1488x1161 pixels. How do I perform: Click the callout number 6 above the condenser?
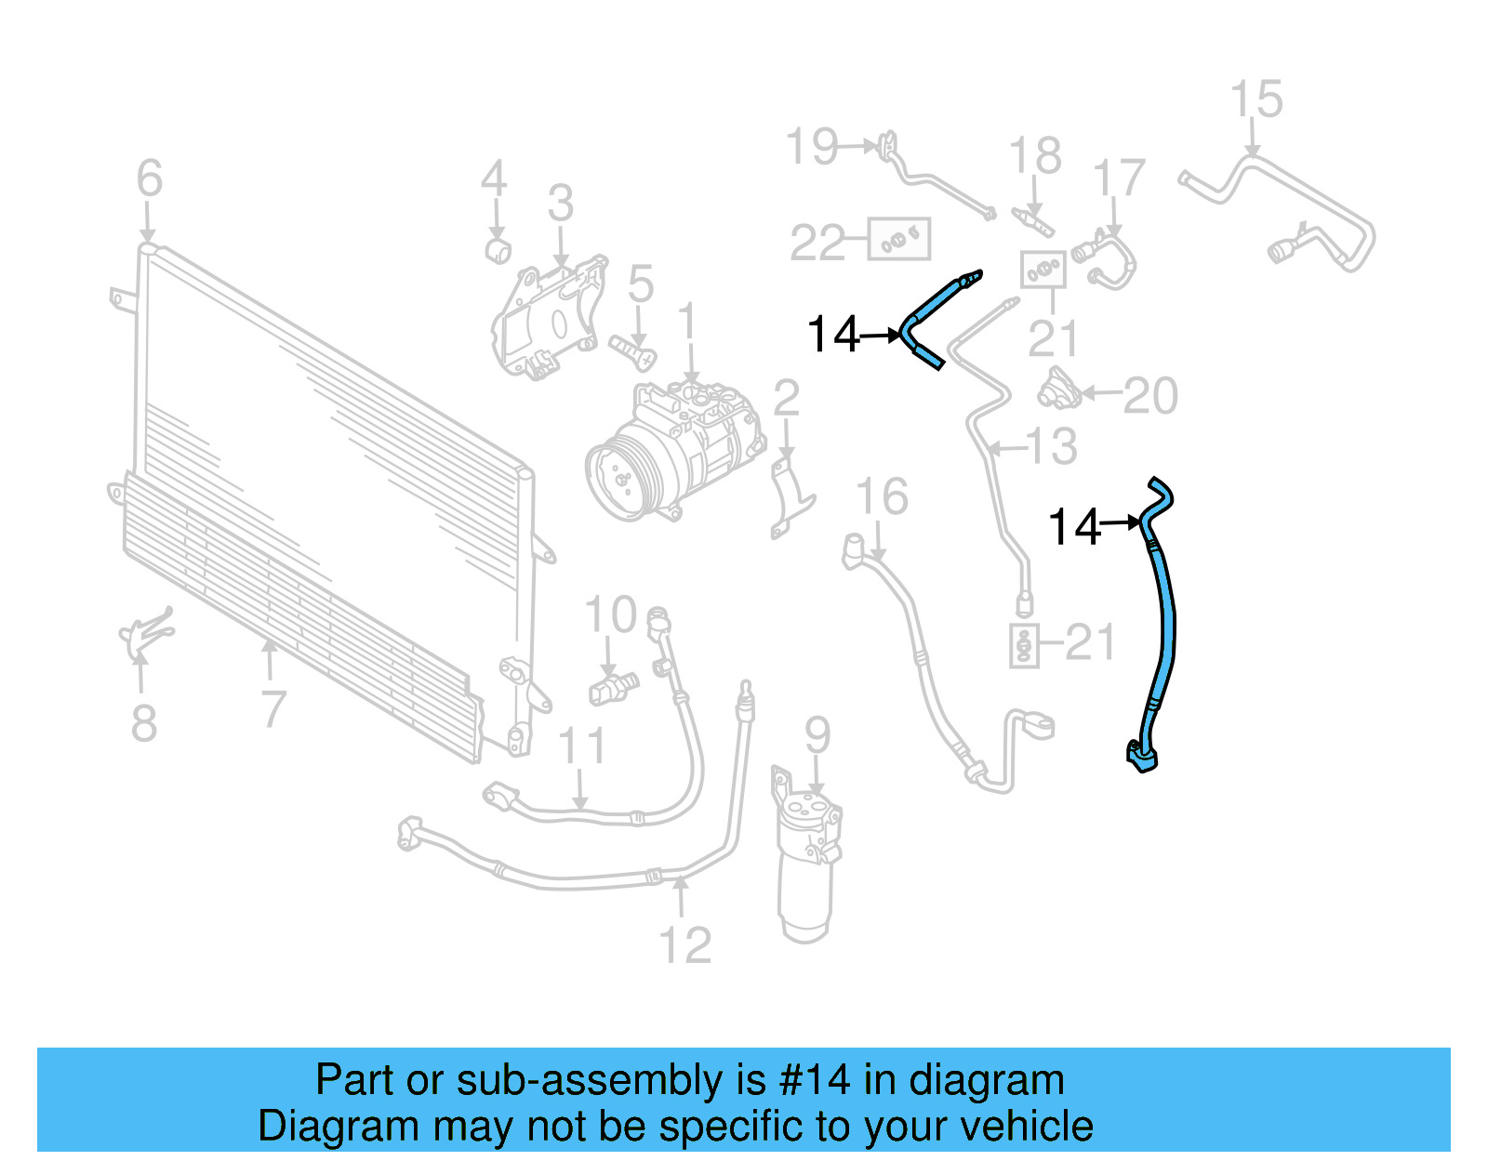149,178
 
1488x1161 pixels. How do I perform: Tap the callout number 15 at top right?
1255,99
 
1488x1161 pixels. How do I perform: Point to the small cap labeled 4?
499,250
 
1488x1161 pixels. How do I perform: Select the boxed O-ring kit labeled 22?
898,240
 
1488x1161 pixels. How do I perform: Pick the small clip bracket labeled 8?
144,634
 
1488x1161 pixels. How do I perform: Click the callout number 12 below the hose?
684,946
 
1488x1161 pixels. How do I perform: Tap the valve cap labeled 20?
1059,389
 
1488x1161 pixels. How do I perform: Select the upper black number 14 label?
833,335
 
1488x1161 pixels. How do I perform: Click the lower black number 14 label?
1073,527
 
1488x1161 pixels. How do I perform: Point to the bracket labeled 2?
790,493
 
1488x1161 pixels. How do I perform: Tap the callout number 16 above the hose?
881,497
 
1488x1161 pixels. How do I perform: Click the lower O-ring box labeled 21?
1024,645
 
